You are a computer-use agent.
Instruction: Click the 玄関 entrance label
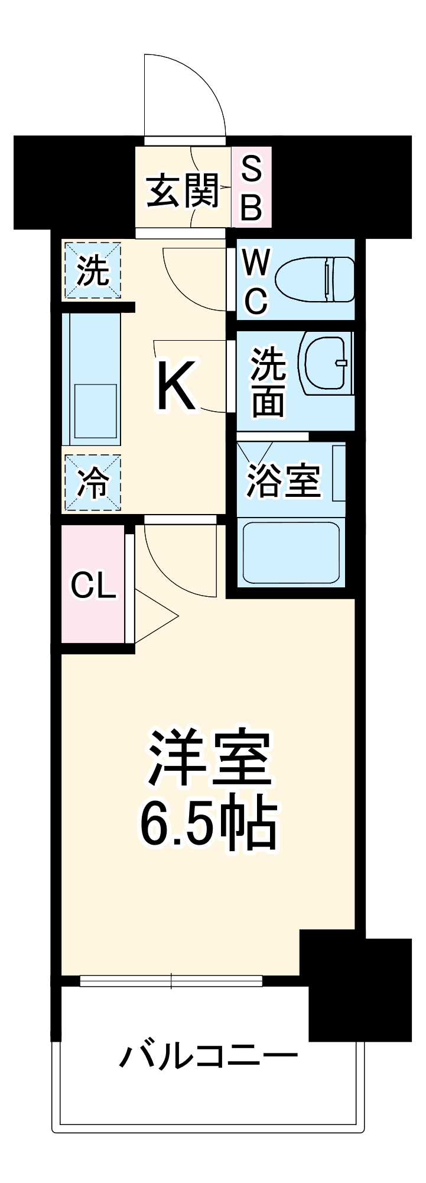pyautogui.click(x=183, y=190)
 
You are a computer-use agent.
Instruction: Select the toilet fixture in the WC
pyautogui.click(x=316, y=277)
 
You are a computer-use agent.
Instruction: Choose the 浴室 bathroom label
pyautogui.click(x=283, y=480)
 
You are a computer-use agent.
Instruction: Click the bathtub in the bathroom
pyautogui.click(x=291, y=552)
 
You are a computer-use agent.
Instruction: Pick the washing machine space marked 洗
pyautogui.click(x=93, y=271)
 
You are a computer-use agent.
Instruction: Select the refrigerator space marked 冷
pyautogui.click(x=93, y=483)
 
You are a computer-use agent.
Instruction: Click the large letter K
pyautogui.click(x=175, y=386)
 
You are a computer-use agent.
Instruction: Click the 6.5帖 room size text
pyautogui.click(x=208, y=823)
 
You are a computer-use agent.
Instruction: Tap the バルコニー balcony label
pyautogui.click(x=208, y=1056)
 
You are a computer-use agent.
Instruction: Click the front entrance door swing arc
pyautogui.click(x=195, y=89)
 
